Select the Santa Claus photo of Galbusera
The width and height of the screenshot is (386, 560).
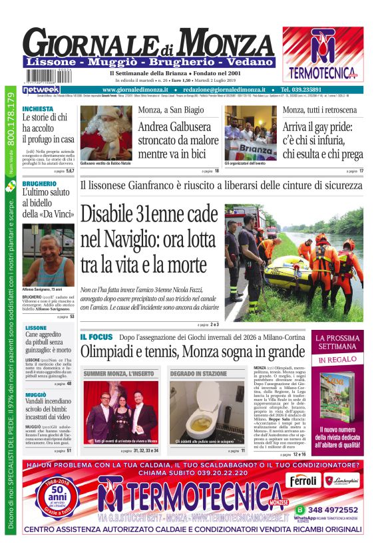[x=106, y=132]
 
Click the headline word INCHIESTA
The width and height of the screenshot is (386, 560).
[x=38, y=108]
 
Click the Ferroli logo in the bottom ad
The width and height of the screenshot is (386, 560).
[x=303, y=480]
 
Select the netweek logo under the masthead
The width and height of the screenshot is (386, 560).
[x=41, y=90]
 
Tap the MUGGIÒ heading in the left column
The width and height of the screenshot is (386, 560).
[x=36, y=395]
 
